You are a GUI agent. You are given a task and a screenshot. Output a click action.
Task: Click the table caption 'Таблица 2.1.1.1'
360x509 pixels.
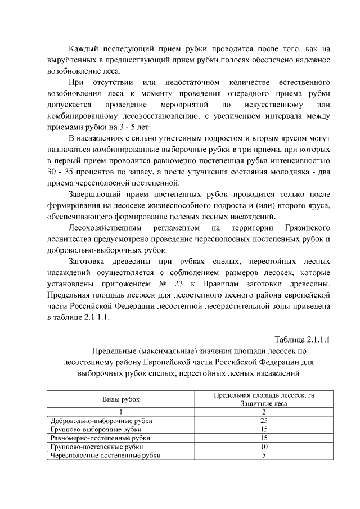(x=301, y=339)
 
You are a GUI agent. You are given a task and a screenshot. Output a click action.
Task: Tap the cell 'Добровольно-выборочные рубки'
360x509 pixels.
(x=102, y=420)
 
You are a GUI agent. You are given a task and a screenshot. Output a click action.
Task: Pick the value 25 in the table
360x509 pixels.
(x=263, y=420)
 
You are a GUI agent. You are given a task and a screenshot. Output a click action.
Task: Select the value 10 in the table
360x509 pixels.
(x=263, y=447)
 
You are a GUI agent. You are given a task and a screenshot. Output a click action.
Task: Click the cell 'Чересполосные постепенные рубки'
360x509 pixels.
(x=105, y=456)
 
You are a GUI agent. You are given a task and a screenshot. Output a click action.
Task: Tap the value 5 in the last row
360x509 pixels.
(x=263, y=456)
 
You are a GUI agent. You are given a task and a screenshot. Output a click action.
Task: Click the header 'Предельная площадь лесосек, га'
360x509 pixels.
(x=264, y=395)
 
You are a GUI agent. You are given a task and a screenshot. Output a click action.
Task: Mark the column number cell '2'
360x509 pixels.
(x=263, y=412)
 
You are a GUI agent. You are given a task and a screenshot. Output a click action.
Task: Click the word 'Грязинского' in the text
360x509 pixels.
(x=304, y=228)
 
